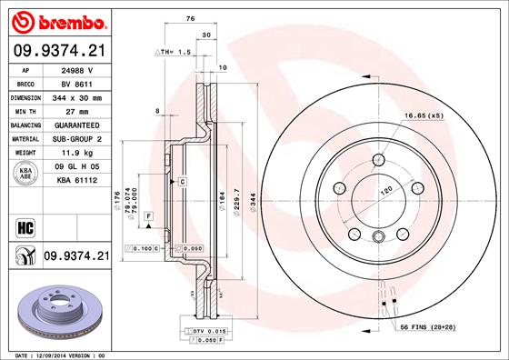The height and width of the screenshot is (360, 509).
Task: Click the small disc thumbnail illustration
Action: coord(55,308)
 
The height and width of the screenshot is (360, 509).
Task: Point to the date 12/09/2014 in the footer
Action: coord(61,354)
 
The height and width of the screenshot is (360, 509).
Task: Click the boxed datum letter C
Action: coord(183,183)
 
